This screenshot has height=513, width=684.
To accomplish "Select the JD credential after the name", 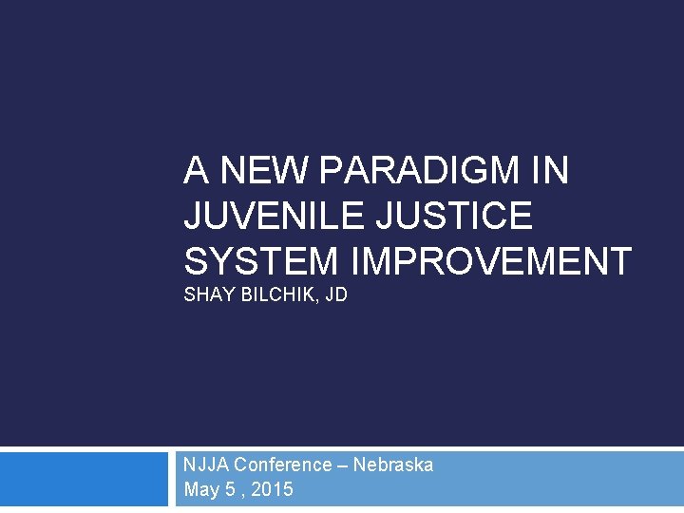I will pos(336,295).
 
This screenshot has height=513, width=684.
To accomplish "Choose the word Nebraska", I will pos(393,465).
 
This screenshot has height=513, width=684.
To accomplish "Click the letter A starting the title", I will pos(197,171).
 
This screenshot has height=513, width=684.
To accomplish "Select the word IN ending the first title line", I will pos(551,171).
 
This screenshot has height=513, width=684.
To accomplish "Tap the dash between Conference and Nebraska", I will pos(343,465).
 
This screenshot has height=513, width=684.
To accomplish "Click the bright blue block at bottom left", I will pos(84,479).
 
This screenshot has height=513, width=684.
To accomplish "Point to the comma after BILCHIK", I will pos(319,300).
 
